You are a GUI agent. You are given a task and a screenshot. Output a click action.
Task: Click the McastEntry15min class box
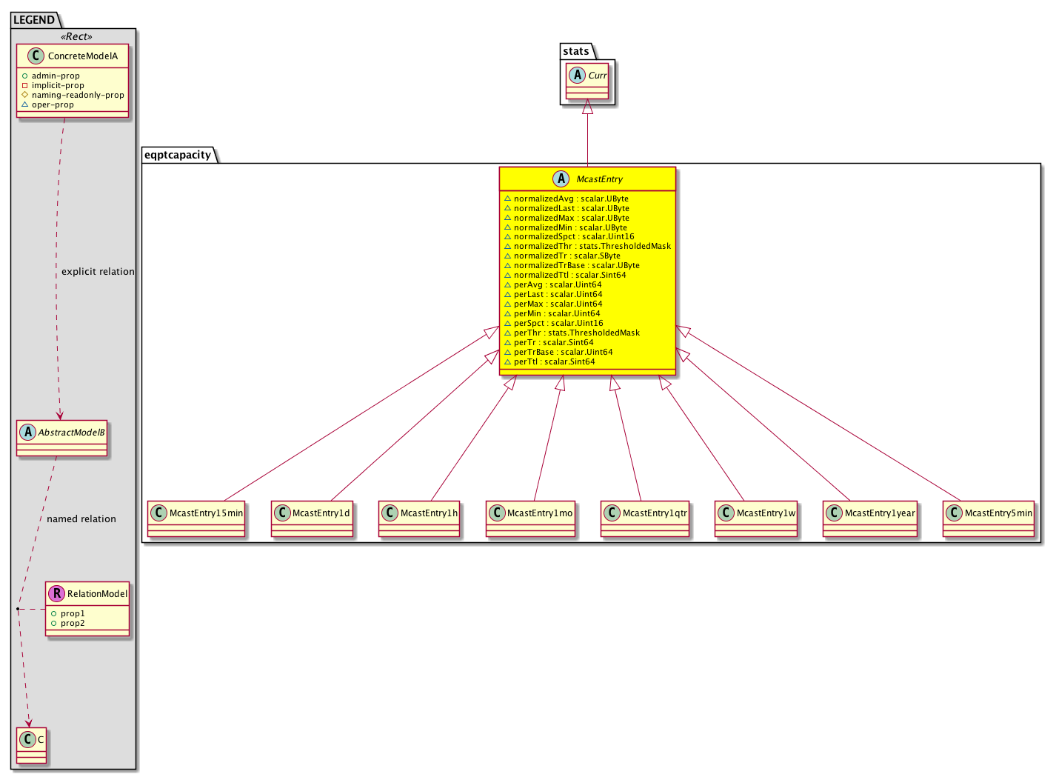point(196,518)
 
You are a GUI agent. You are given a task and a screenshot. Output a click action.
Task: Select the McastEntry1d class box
point(312,518)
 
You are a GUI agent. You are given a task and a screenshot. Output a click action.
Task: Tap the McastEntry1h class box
point(419,518)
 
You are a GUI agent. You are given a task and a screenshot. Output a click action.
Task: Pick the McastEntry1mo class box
point(531,518)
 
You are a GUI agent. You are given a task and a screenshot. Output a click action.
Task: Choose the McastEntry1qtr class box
point(645,518)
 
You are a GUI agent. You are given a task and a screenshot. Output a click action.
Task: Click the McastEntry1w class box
point(756,518)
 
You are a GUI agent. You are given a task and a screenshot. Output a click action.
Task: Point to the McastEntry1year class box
point(870,518)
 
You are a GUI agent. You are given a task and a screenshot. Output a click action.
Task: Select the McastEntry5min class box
point(989,518)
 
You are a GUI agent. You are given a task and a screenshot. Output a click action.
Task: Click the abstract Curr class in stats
point(587,81)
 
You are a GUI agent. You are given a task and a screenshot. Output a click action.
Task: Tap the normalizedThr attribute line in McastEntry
point(587,246)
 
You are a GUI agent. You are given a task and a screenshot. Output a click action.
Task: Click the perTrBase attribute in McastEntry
point(558,352)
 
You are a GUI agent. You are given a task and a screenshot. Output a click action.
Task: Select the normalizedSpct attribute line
point(569,237)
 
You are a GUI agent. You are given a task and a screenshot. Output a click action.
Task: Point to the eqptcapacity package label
point(178,155)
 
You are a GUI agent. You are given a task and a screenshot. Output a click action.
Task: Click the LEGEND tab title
point(34,20)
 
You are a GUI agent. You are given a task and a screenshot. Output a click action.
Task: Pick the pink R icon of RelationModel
point(56,593)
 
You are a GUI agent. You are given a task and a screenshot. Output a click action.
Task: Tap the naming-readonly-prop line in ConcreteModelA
point(73,95)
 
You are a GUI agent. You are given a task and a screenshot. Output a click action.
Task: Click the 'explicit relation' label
point(98,272)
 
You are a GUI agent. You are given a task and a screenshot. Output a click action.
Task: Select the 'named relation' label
point(81,519)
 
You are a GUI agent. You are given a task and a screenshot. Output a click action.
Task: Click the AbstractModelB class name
point(72,433)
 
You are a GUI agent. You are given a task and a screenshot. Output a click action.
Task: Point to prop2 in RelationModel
point(68,623)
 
